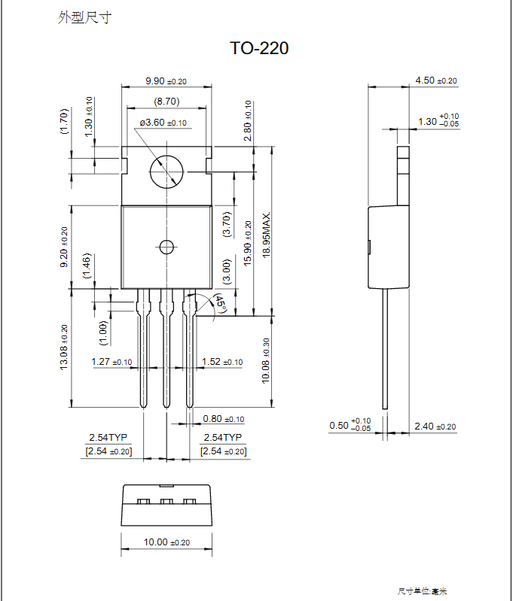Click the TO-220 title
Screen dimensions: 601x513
(x=259, y=49)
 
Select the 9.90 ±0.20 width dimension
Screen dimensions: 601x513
(x=166, y=81)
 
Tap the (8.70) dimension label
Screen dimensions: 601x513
(x=166, y=101)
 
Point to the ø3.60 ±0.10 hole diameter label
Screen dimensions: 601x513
(x=163, y=123)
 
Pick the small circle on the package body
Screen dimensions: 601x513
(x=166, y=247)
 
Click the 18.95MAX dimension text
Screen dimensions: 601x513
(x=266, y=235)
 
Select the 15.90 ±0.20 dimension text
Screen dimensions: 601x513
(x=248, y=242)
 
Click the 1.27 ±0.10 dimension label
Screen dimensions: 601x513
(x=111, y=362)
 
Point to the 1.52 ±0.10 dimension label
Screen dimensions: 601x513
(x=222, y=362)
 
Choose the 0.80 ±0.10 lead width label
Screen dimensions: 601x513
(x=224, y=419)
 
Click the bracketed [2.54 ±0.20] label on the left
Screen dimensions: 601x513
(x=109, y=451)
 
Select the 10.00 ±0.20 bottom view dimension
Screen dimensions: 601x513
(x=166, y=542)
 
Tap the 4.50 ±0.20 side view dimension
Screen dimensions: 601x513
(x=436, y=80)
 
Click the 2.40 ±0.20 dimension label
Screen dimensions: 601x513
(x=436, y=426)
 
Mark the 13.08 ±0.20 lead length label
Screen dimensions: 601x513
(x=64, y=347)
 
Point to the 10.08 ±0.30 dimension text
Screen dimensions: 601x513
(x=265, y=361)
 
